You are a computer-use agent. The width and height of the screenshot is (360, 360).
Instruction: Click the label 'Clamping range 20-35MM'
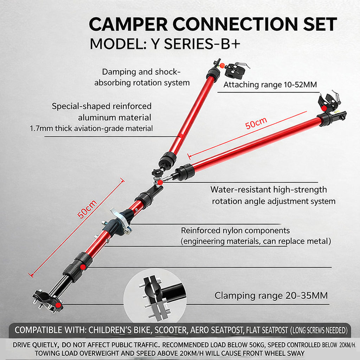click(x=271, y=295)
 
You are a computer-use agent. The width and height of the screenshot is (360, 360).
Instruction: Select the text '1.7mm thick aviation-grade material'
click(x=91, y=128)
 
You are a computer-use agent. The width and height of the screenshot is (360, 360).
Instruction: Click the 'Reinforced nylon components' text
click(x=235, y=231)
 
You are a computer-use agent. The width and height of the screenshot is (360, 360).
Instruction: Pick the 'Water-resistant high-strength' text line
click(x=269, y=189)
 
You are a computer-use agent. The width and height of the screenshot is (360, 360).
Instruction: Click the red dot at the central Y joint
click(x=160, y=182)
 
